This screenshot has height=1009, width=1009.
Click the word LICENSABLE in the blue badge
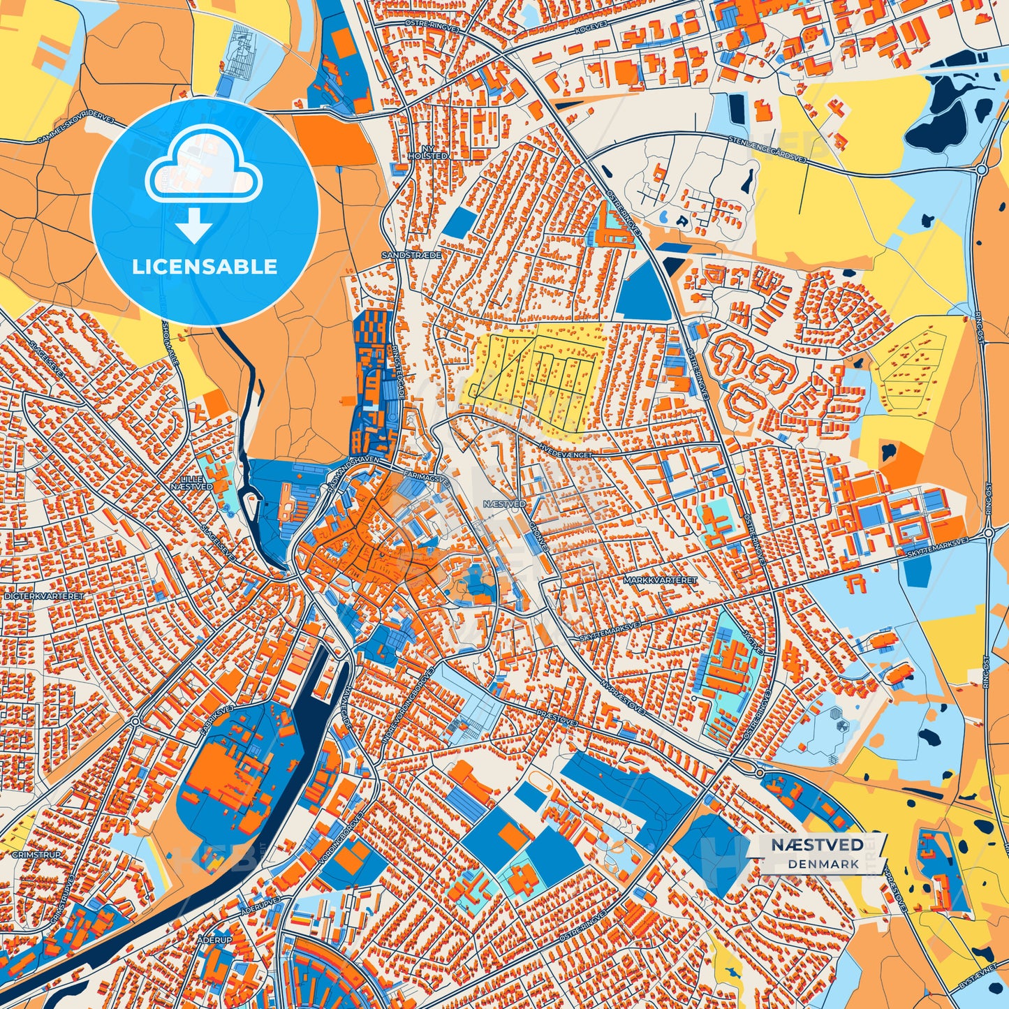coord(205,267)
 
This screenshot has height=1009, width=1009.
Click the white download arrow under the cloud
coord(194,226)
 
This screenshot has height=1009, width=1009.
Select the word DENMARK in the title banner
coord(824,864)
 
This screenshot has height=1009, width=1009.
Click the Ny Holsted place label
coord(427,152)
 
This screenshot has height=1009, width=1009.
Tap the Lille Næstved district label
coord(192,483)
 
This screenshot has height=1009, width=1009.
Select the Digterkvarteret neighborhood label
coord(43,597)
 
